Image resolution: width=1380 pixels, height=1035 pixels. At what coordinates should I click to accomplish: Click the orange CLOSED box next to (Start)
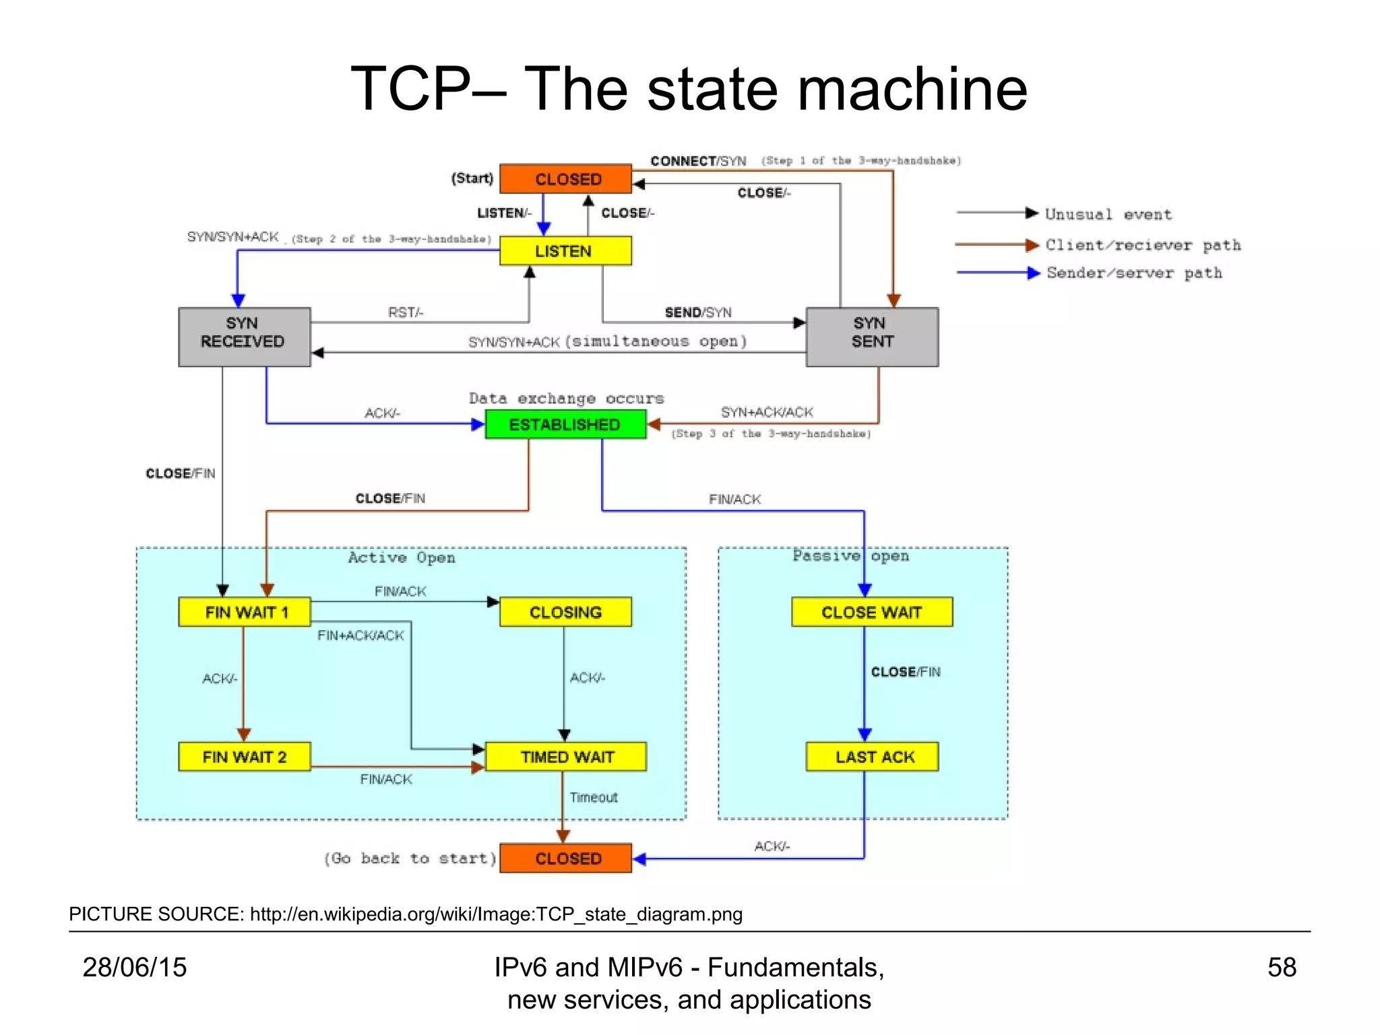[565, 179]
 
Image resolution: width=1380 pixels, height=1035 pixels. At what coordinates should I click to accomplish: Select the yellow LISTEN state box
[565, 251]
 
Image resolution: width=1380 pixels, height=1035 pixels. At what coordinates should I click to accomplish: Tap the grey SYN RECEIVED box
[244, 337]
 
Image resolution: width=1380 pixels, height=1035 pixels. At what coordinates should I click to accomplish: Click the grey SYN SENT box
[872, 337]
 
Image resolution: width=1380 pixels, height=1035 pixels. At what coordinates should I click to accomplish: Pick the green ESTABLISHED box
[565, 425]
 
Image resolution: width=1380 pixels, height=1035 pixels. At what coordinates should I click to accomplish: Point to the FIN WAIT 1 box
[245, 612]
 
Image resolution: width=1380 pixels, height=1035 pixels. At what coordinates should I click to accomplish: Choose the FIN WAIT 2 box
[245, 757]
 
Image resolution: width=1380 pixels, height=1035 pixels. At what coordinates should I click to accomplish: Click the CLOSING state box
[565, 612]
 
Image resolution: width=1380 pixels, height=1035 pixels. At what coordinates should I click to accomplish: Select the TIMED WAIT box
[565, 757]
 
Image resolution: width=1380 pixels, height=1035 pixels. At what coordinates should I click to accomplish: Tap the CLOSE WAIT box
[872, 612]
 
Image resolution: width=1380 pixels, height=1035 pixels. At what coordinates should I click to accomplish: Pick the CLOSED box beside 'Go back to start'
[565, 858]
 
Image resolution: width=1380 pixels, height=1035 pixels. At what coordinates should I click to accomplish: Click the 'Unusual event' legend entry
[1108, 214]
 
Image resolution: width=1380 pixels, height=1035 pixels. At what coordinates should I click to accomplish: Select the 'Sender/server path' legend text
[1134, 273]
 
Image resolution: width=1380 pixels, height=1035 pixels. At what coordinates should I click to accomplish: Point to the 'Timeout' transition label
[593, 798]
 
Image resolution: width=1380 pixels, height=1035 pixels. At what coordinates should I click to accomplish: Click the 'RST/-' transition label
[405, 313]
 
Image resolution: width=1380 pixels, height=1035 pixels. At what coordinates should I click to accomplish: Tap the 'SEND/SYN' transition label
[697, 313]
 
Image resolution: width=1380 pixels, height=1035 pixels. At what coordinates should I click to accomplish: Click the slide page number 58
[1281, 968]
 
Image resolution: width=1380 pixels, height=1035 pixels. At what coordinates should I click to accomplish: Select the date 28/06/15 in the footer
[135, 968]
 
